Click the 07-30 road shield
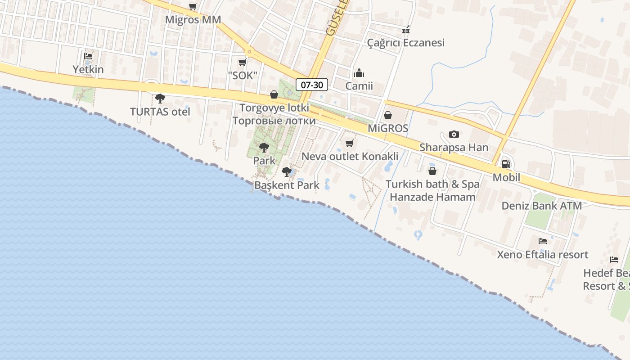click(x=312, y=84)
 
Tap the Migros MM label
click(x=193, y=20)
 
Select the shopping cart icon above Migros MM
click(x=193, y=7)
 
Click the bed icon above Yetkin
click(x=88, y=56)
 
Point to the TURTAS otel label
click(x=160, y=112)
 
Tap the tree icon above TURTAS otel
click(x=160, y=99)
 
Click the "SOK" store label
click(x=242, y=75)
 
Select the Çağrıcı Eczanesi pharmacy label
click(x=406, y=43)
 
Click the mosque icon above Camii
click(x=359, y=72)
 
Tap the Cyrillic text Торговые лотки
click(x=274, y=121)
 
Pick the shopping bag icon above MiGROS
click(x=387, y=115)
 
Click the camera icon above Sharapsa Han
click(x=454, y=134)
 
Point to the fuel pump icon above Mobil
click(x=506, y=164)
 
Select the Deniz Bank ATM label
click(x=542, y=206)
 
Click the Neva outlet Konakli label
click(x=350, y=156)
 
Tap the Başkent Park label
click(x=287, y=185)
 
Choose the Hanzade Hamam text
click(x=432, y=197)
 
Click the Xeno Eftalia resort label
click(x=542, y=254)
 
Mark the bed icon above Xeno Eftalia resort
click(x=542, y=241)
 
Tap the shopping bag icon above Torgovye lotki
click(x=274, y=94)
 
